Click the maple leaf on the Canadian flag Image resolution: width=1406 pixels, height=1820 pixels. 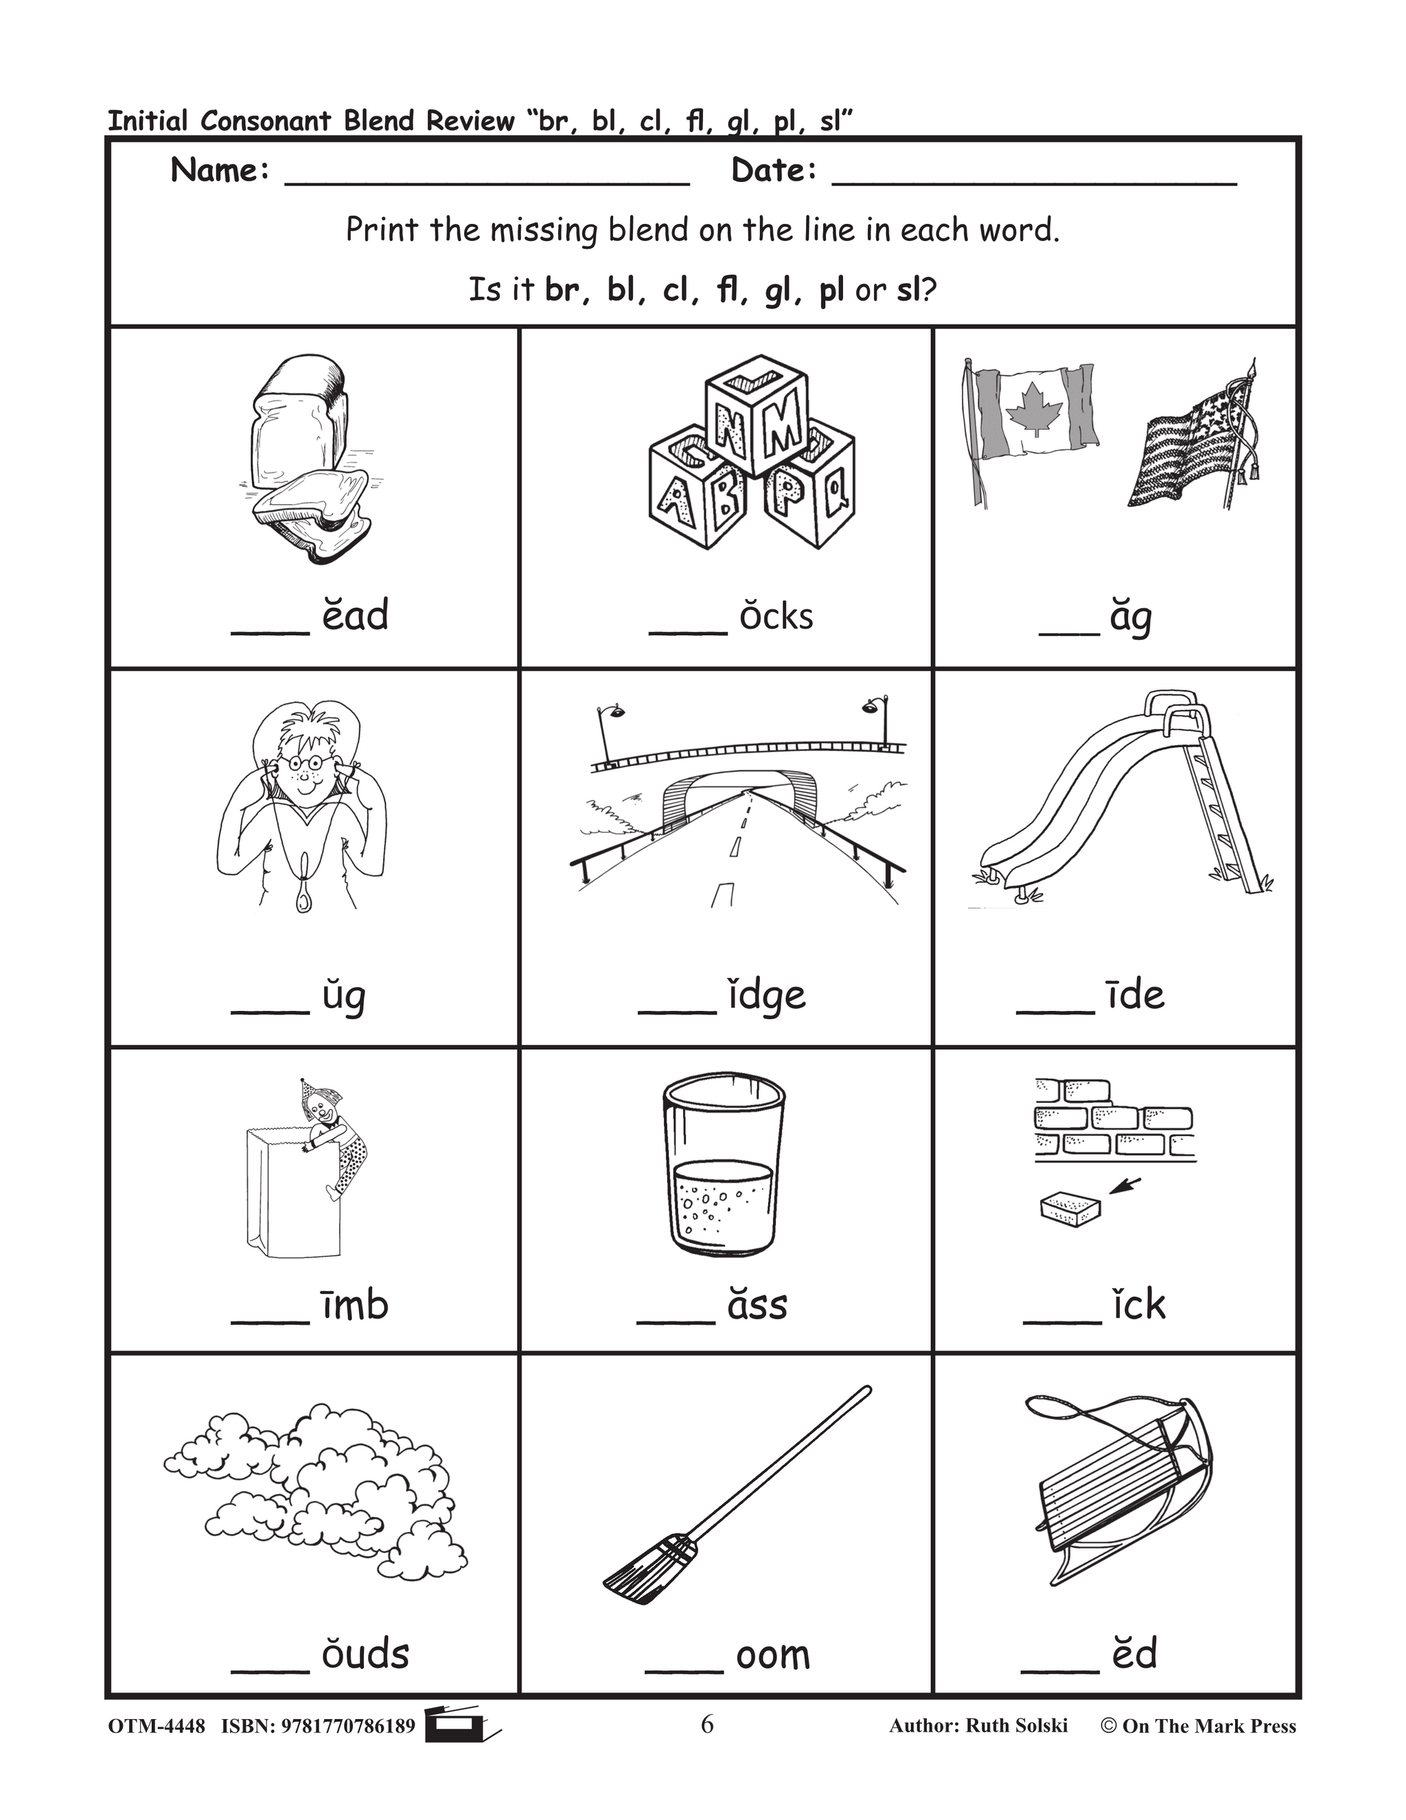pos(1035,409)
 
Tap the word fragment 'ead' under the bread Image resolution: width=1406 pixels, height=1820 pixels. pos(355,616)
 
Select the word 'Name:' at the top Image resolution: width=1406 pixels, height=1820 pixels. pos(220,171)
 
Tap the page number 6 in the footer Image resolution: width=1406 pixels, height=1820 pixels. pos(707,1724)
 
